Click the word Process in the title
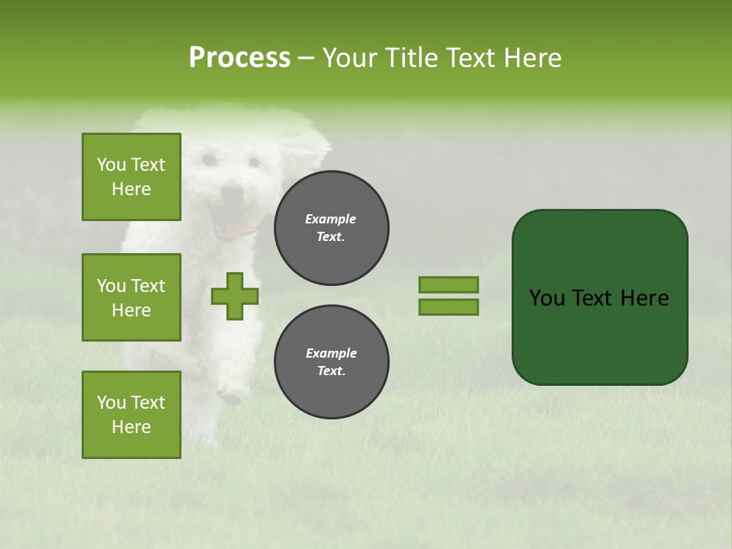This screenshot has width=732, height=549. [239, 58]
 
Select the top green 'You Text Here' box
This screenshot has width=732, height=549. [131, 177]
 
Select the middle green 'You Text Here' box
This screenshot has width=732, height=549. [131, 297]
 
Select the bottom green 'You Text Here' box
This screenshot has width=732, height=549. [131, 415]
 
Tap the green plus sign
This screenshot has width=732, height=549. [235, 297]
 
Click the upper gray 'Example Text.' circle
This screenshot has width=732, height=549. [331, 228]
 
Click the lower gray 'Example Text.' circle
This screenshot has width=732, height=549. [331, 362]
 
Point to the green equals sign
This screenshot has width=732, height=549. [448, 296]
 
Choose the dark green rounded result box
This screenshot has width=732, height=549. [599, 297]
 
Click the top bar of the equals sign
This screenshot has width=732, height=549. [448, 284]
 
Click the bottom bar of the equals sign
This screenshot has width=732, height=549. [448, 307]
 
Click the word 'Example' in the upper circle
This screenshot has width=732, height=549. [331, 219]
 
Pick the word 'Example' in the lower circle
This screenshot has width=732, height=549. [331, 353]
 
